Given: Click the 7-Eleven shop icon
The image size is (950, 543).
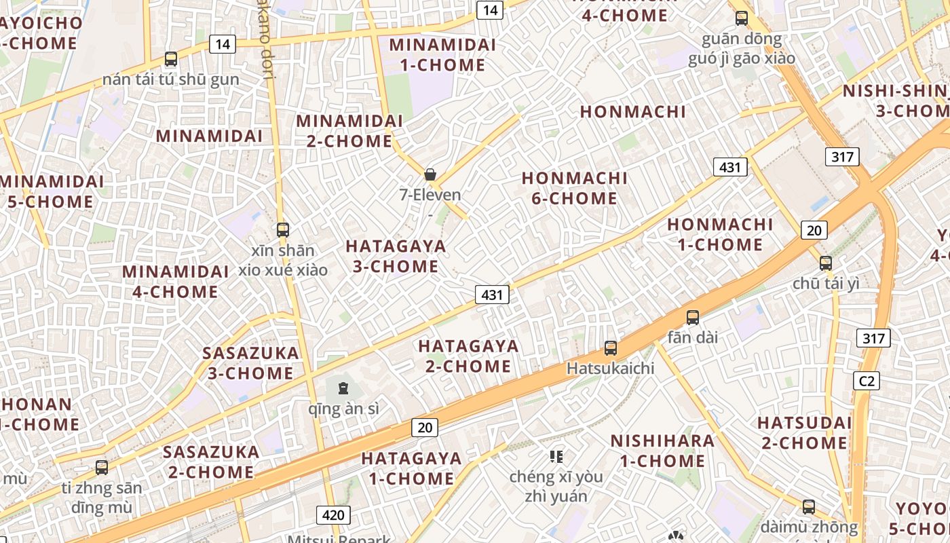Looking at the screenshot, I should tap(430, 174).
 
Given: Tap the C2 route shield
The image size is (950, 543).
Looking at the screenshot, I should tap(867, 381).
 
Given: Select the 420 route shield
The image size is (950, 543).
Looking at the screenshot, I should tap(333, 514).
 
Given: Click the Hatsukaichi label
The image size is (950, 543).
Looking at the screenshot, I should tap(611, 369).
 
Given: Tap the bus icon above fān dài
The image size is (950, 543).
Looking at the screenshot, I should tap(692, 317).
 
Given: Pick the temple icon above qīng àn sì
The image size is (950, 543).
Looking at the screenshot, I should tap(343, 389).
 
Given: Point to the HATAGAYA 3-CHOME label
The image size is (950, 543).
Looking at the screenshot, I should tap(396, 256).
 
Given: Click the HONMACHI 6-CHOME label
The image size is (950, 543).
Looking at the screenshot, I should tap(574, 188).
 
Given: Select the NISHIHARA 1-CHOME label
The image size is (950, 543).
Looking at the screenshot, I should tap(662, 451).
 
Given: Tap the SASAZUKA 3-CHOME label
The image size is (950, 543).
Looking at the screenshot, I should tap(250, 363).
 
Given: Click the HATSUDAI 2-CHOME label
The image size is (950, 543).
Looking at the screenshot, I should tap(804, 432).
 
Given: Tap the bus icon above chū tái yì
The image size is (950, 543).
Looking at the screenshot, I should tap(825, 263).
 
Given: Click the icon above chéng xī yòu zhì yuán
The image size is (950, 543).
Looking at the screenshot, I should tap(556, 456).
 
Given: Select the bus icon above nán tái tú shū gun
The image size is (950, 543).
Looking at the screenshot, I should tap(171, 59).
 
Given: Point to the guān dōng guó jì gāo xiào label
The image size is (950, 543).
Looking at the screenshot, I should tap(741, 48).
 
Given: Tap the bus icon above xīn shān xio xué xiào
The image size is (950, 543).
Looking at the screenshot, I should tap(283, 230).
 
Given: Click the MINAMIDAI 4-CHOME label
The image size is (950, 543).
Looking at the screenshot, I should tap(175, 282).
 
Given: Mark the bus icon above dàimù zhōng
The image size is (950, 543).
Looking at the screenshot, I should tap(808, 506).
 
